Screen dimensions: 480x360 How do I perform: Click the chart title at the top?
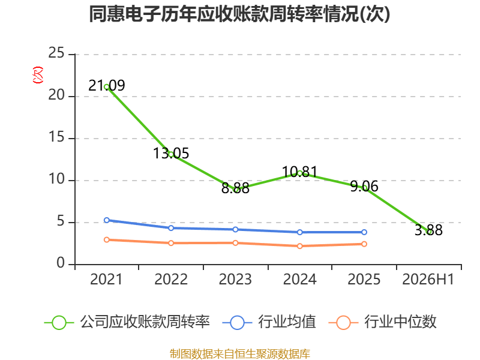click(x=239, y=14)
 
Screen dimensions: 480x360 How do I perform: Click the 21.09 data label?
click(x=107, y=85)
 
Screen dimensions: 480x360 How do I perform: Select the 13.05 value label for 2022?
click(x=171, y=153)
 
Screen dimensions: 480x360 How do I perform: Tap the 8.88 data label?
click(x=235, y=188)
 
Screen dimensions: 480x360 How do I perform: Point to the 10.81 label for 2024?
click(x=299, y=172)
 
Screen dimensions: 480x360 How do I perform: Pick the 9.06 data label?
click(x=364, y=186)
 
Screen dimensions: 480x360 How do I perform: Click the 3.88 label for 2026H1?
click(x=428, y=230)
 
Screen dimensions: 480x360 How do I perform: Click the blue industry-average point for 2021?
click(x=107, y=220)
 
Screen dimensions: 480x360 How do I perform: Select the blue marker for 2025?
click(x=364, y=232)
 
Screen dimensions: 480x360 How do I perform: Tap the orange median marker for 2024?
click(x=299, y=246)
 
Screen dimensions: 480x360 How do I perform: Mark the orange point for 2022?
click(x=171, y=243)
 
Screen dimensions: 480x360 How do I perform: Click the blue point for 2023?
click(x=235, y=229)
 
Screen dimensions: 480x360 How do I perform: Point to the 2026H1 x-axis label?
click(x=428, y=279)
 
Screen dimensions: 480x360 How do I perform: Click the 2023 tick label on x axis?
click(x=235, y=279)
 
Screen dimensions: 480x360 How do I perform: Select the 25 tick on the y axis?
click(x=56, y=53)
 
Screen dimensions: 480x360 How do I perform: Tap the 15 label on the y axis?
click(x=56, y=137)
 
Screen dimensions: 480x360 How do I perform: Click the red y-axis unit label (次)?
click(x=38, y=75)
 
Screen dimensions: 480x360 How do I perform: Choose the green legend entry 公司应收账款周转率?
click(x=127, y=322)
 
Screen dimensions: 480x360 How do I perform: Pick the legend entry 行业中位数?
click(x=383, y=322)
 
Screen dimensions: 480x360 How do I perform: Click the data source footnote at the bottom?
click(x=240, y=354)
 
